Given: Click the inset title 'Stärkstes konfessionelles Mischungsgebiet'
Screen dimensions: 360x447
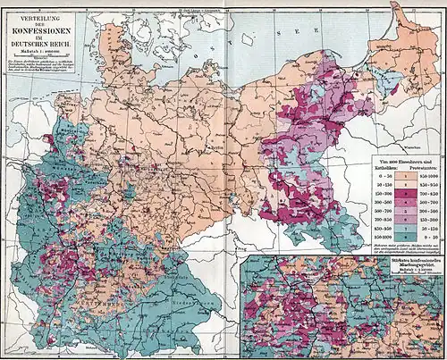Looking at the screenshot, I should point(343,263).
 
